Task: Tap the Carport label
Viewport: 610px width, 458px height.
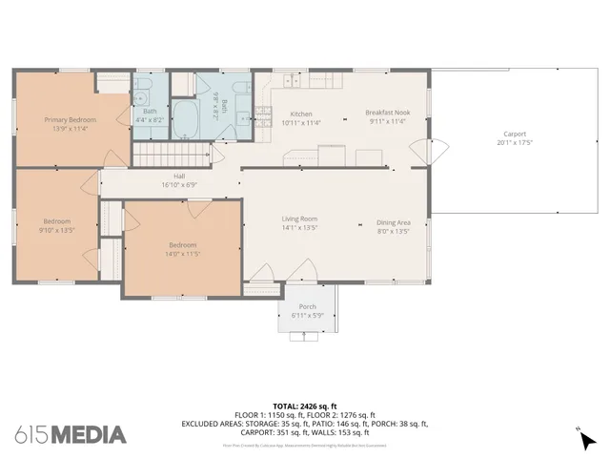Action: click(514, 135)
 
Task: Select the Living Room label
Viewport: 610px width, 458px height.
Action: click(298, 219)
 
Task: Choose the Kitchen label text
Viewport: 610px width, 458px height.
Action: click(301, 114)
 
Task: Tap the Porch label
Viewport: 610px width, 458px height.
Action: click(308, 306)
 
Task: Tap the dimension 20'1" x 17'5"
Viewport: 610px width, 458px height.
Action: click(514, 143)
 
